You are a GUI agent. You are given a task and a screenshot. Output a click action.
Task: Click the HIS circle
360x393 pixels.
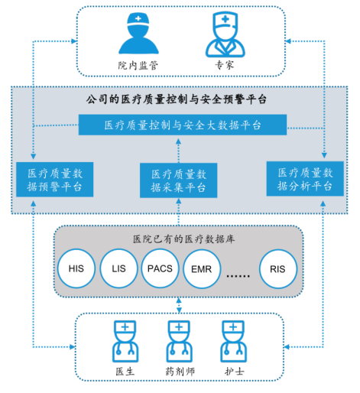pyautogui.click(x=76, y=268)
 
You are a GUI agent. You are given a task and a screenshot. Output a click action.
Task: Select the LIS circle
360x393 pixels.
pyautogui.click(x=118, y=268)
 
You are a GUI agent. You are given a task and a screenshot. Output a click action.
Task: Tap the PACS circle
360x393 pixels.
pyautogui.click(x=160, y=268)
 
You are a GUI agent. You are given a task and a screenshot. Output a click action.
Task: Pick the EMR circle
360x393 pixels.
pyautogui.click(x=202, y=269)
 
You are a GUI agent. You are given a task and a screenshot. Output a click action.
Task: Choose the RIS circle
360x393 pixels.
pyautogui.click(x=278, y=269)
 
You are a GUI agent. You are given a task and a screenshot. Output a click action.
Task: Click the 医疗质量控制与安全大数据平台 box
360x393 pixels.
pyautogui.click(x=183, y=125)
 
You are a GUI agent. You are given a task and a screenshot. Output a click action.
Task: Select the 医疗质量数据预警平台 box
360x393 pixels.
pyautogui.click(x=55, y=180)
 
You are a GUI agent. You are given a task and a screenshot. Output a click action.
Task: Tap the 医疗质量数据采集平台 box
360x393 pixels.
pyautogui.click(x=178, y=180)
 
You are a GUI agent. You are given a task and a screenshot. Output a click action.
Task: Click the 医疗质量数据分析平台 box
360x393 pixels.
pyautogui.click(x=305, y=179)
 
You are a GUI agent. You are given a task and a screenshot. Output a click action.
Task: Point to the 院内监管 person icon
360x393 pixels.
pyautogui.click(x=138, y=34)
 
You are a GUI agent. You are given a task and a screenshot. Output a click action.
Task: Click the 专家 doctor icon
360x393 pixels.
pyautogui.click(x=225, y=34)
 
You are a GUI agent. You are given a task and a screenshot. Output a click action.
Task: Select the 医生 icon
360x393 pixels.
pyautogui.click(x=125, y=341)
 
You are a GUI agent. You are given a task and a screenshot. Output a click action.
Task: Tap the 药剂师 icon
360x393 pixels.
pyautogui.click(x=179, y=341)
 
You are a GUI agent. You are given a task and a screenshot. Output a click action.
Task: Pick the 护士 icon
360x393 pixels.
pyautogui.click(x=233, y=341)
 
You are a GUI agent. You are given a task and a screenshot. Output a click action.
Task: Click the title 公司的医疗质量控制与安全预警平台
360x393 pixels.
pyautogui.click(x=177, y=99)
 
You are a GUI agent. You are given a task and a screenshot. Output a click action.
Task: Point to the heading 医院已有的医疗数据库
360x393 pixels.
pyautogui.click(x=183, y=239)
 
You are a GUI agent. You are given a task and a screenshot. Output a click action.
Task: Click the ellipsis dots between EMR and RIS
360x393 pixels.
pyautogui.click(x=238, y=276)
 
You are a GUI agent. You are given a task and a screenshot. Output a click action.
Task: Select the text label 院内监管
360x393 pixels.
pyautogui.click(x=138, y=66)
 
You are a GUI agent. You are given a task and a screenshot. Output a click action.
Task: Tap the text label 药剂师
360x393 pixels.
pyautogui.click(x=180, y=372)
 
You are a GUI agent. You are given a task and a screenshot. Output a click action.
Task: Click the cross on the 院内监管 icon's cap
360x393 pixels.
pyautogui.click(x=138, y=18)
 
